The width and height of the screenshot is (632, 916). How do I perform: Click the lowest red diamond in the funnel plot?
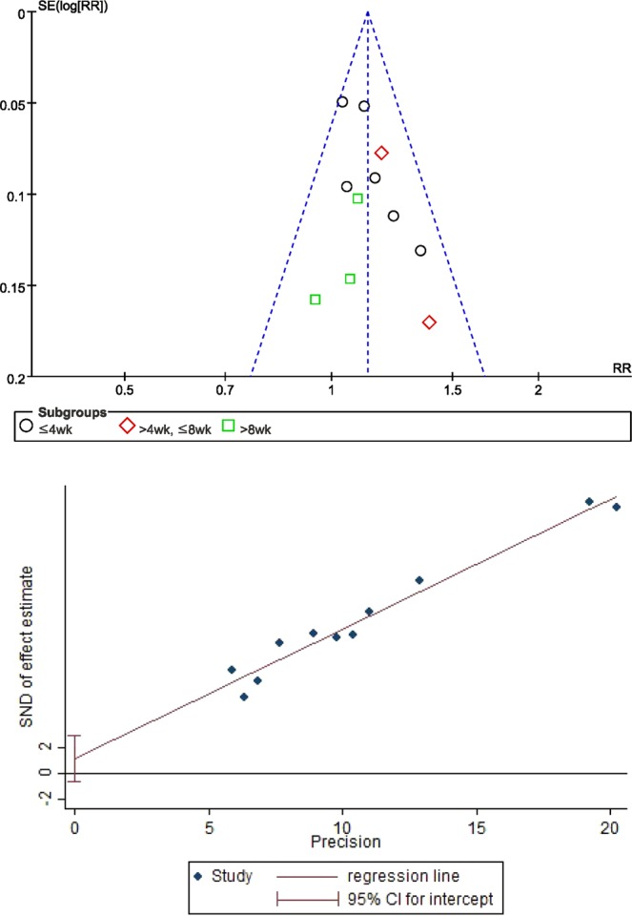click(x=429, y=323)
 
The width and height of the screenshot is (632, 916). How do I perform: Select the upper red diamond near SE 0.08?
click(x=381, y=153)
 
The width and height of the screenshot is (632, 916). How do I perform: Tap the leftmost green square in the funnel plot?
click(x=315, y=300)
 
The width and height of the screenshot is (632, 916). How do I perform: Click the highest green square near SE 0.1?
click(x=357, y=198)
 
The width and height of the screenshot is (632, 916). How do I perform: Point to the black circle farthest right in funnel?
click(x=420, y=251)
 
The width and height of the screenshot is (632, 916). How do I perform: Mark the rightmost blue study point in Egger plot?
click(x=617, y=507)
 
